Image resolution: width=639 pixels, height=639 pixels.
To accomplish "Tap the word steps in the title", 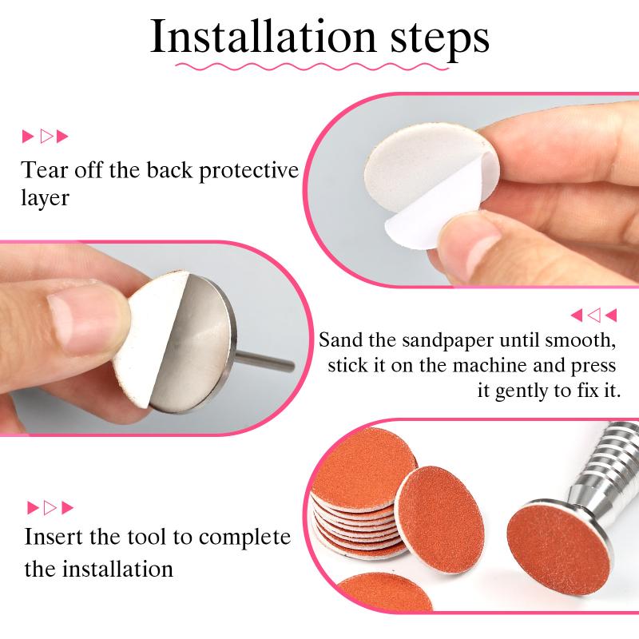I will tap(431, 38).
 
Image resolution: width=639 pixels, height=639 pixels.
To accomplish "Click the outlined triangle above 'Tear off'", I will tap(46, 137).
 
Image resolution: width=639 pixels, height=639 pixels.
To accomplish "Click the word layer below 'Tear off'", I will tap(46, 197).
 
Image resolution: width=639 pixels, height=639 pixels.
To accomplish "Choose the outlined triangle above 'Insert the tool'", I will tap(50, 507).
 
